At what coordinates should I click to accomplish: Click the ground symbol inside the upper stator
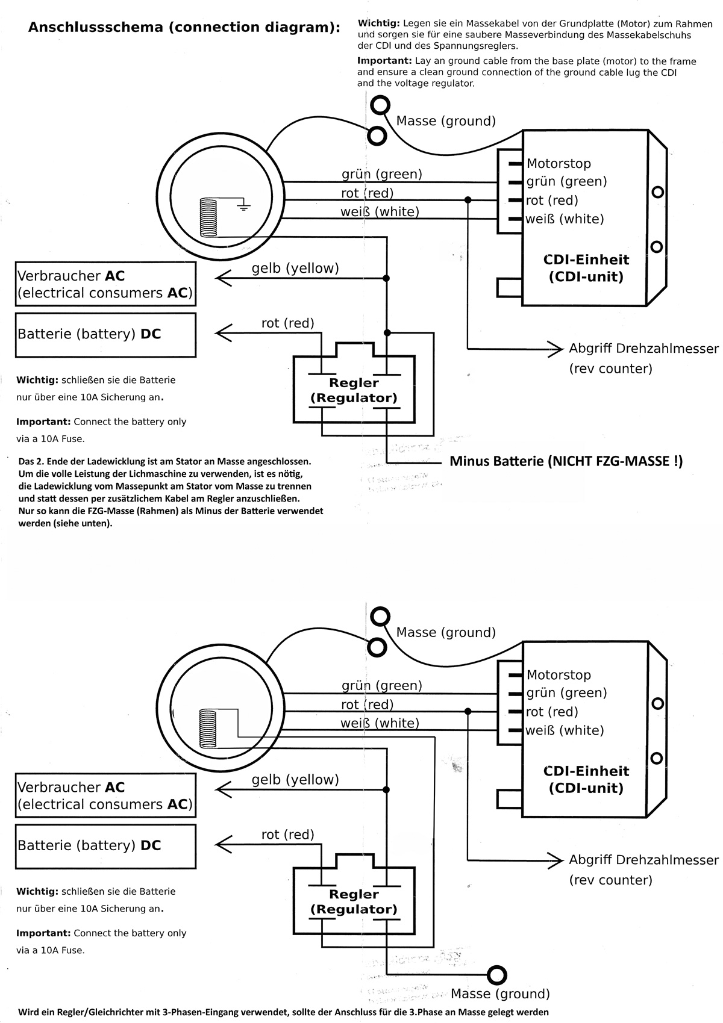[x=243, y=208]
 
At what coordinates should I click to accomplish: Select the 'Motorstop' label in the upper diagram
[x=559, y=164]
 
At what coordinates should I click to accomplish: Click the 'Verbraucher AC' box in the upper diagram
[x=105, y=284]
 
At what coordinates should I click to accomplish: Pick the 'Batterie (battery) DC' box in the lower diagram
[x=105, y=845]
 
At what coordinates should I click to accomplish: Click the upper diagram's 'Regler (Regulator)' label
[x=354, y=390]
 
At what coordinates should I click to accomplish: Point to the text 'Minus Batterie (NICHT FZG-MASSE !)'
[x=566, y=462]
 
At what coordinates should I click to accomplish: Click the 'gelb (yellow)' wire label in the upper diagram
[x=295, y=269]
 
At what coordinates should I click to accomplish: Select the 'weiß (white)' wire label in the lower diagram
[x=380, y=723]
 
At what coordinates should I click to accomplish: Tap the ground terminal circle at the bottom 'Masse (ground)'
[x=497, y=974]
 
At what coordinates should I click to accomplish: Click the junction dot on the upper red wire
[x=468, y=200]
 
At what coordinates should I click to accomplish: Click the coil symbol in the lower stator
[x=208, y=728]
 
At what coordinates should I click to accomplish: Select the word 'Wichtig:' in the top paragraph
[x=378, y=23]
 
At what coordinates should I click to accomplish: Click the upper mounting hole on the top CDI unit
[x=658, y=193]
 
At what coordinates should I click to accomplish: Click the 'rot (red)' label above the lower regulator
[x=287, y=835]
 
